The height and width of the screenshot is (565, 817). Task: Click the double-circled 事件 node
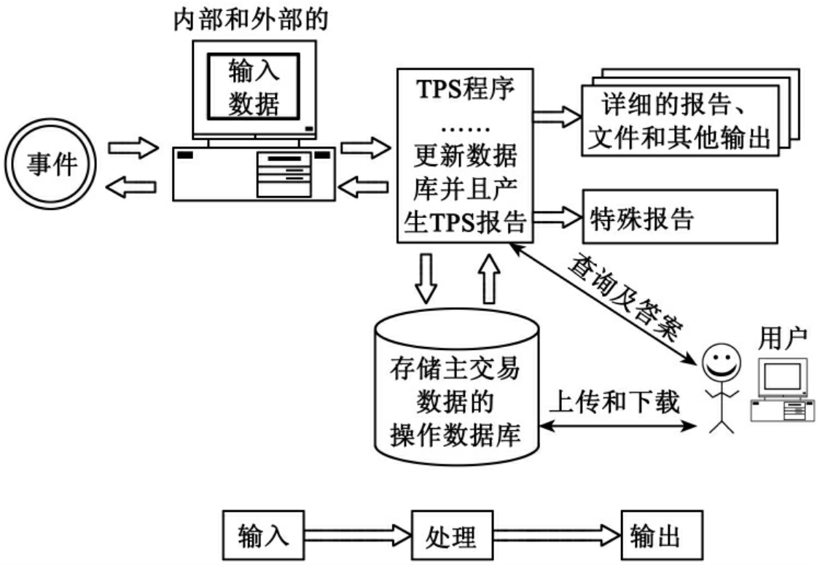(x=51, y=165)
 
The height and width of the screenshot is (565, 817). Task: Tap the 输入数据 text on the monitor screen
(x=253, y=88)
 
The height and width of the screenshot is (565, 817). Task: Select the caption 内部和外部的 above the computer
(x=250, y=19)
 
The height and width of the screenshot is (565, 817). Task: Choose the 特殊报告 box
(x=679, y=217)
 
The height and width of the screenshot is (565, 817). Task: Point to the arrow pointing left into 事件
(x=130, y=188)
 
